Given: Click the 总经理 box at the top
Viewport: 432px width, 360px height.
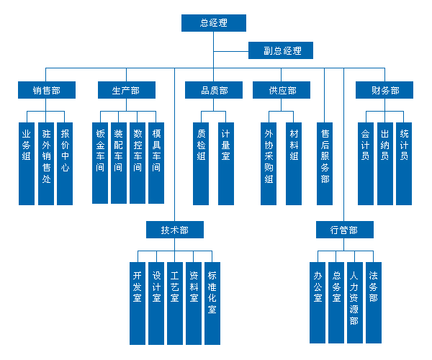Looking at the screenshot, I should tap(213, 23).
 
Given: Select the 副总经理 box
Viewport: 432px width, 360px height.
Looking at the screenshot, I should tap(281, 50).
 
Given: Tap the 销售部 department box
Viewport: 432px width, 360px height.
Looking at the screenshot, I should tap(46, 91).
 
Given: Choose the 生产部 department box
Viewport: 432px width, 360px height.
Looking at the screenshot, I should tap(126, 91).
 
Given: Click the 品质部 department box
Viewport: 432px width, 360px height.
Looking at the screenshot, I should tap(214, 91).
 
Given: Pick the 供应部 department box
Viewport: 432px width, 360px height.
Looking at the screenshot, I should tap(281, 91).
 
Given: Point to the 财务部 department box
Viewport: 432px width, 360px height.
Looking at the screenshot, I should tap(385, 91).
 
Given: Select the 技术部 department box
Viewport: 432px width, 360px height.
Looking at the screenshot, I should tap(174, 230).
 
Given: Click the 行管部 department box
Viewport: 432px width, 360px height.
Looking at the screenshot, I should tap(344, 230).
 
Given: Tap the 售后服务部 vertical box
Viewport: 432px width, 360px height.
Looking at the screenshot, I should tap(325, 163).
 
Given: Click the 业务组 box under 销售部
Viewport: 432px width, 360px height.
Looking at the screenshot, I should tap(27, 163).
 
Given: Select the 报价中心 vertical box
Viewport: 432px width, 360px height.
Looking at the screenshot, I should tap(65, 163).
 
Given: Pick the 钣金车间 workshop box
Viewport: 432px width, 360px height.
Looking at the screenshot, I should tap(100, 163).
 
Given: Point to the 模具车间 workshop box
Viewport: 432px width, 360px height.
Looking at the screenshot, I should tap(156, 163).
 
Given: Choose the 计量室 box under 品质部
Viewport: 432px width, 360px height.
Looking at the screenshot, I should tap(226, 163).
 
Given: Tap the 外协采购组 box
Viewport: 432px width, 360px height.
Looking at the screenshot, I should tap(269, 163).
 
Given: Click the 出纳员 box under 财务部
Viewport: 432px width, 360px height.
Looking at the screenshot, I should tap(385, 163).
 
